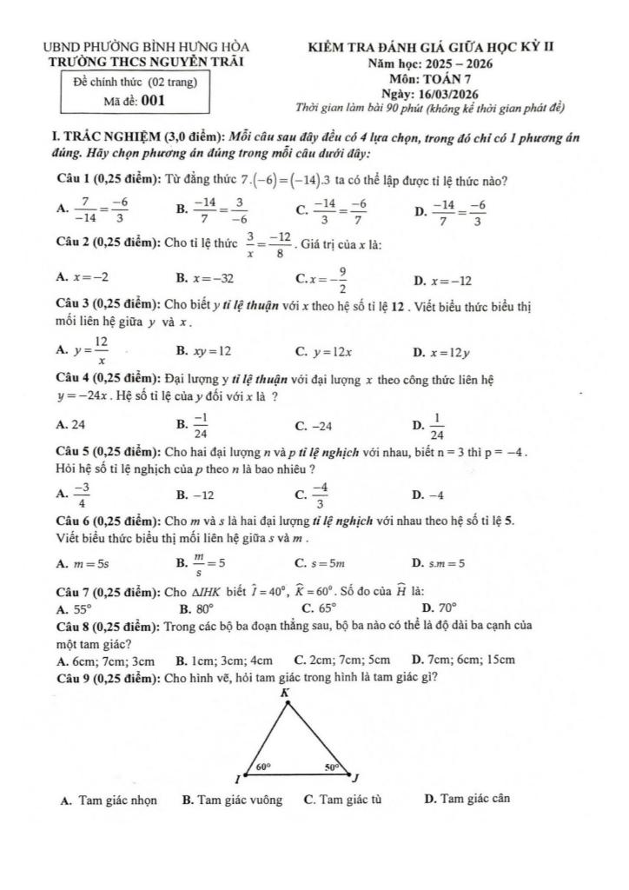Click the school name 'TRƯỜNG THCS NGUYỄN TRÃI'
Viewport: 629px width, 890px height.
(x=147, y=61)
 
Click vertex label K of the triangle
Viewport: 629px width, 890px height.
(x=284, y=693)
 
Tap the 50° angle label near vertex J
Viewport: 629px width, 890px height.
(x=333, y=767)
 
